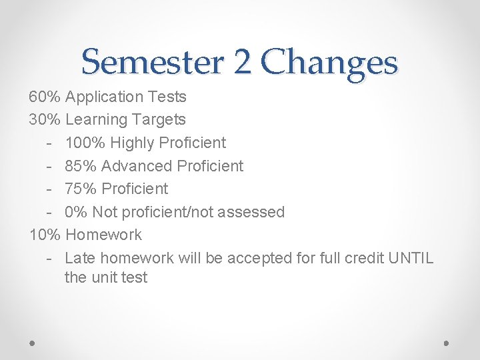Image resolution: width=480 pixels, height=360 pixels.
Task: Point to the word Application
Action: coord(105,97)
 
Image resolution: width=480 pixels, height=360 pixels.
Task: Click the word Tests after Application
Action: coord(167,97)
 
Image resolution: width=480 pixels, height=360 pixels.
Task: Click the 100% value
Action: coord(85,143)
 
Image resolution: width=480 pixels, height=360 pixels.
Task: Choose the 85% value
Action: coord(80,166)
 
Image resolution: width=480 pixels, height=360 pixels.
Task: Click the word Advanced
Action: coord(133,166)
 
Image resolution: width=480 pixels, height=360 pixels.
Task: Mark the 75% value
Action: coord(80,189)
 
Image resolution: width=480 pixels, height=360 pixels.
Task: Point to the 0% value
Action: coord(76,212)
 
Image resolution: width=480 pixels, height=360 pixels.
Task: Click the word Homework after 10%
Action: coord(104,235)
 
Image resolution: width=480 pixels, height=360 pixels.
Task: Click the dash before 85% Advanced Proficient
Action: coord(50,166)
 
